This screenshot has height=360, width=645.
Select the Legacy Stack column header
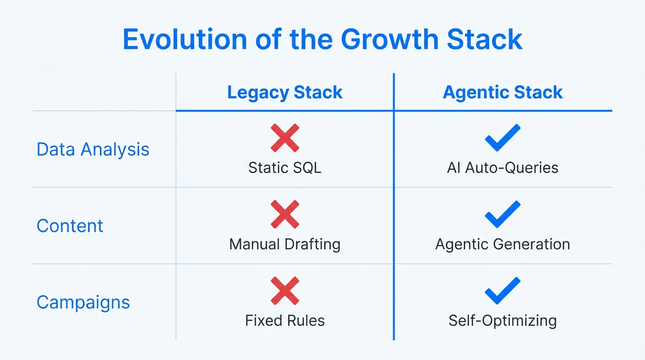coord(285,92)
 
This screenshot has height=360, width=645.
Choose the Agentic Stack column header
coord(502,92)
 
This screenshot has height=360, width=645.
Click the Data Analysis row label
coord(93,150)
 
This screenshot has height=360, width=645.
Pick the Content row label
coord(70,226)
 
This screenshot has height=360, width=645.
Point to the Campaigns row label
coord(83,302)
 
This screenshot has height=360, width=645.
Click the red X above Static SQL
coord(285,138)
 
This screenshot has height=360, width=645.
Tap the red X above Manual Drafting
coord(285,214)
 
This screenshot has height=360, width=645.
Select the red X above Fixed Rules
coord(285,291)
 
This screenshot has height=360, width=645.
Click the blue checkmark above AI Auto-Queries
coord(502,138)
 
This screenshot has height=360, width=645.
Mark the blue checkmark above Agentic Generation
coord(502,214)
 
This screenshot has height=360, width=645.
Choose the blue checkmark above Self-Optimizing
coord(502,291)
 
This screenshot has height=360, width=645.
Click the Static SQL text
coord(285,168)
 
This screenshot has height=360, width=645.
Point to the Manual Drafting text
coord(285,244)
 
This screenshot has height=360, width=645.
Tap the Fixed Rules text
coord(285,321)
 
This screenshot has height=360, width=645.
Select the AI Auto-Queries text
coord(502,168)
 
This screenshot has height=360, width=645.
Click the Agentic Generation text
coord(502,244)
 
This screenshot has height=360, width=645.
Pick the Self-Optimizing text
coord(502,321)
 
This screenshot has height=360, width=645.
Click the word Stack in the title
coord(484,40)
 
